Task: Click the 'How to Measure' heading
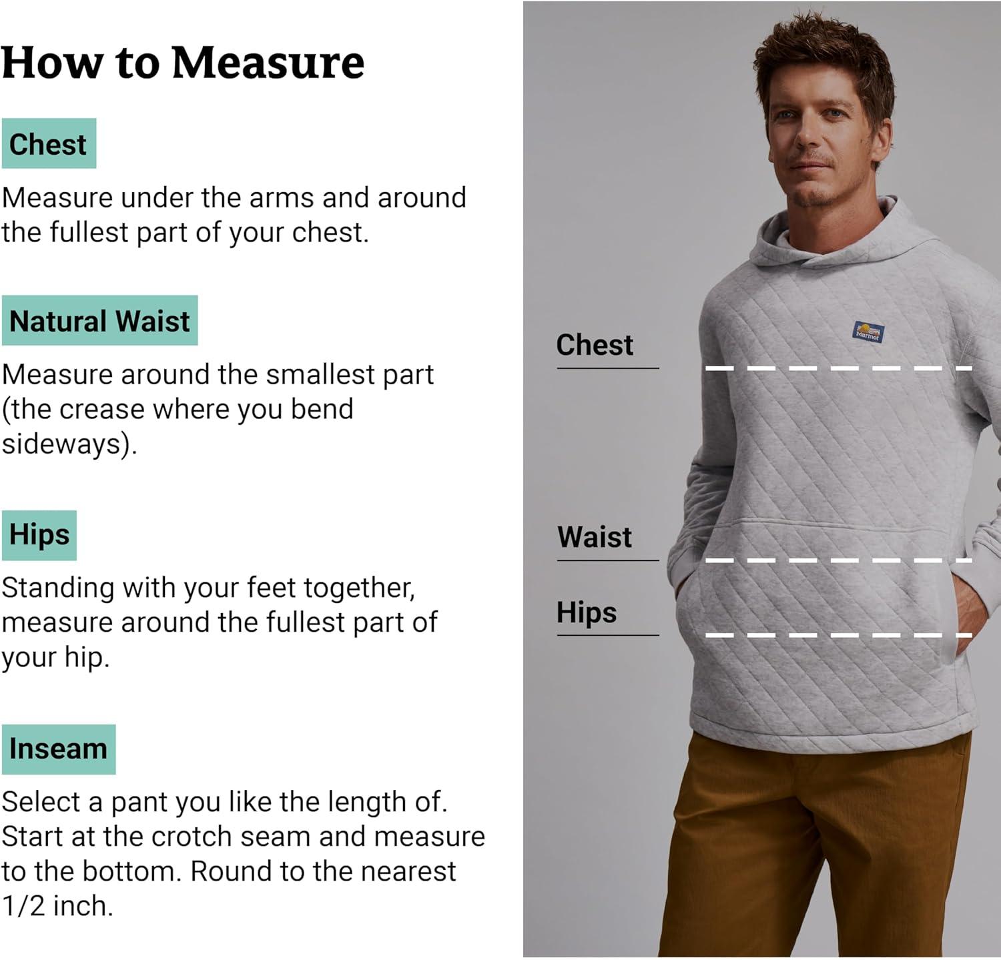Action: click(183, 63)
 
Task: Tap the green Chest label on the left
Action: click(49, 143)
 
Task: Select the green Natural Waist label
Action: click(99, 320)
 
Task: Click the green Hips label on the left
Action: click(39, 535)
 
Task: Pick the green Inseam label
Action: click(59, 749)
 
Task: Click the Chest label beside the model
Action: click(595, 345)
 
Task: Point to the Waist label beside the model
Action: click(595, 537)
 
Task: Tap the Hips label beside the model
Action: click(587, 612)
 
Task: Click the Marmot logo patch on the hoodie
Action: click(869, 332)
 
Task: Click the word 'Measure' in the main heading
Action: click(268, 63)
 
